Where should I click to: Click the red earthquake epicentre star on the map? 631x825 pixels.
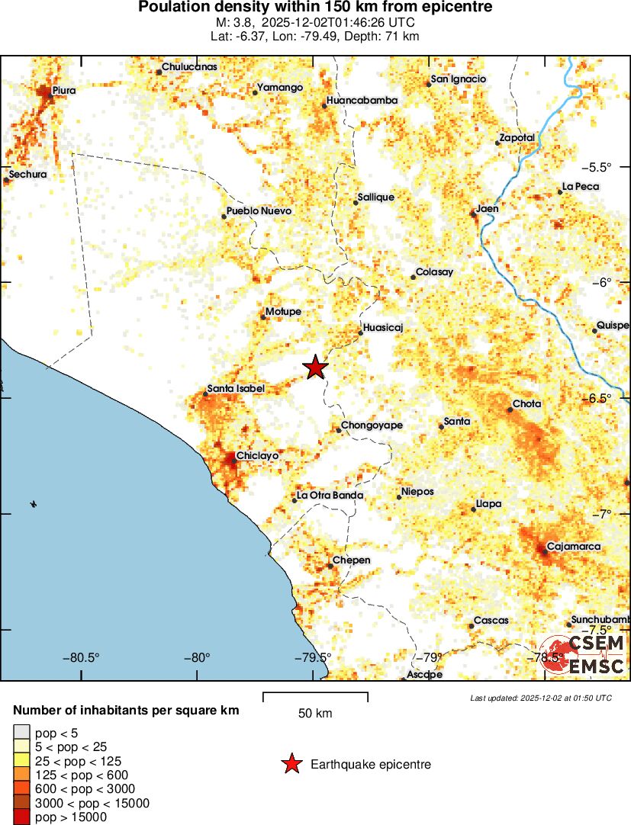coord(316,368)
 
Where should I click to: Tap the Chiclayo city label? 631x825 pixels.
coord(257,455)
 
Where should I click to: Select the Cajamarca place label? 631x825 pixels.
coord(574,546)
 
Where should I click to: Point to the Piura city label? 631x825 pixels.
coord(63,91)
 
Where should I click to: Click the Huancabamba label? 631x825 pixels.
coord(362,100)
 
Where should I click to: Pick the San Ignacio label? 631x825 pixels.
coord(459,79)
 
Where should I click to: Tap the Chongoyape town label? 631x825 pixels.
coord(372,425)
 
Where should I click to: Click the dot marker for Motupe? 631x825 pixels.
coord(263,316)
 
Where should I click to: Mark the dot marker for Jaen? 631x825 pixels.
coord(474,213)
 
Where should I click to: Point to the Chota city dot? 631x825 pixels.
coord(510,409)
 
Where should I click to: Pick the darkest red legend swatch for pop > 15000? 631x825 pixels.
coord(22,817)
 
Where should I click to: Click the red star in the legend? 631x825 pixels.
coord(291,764)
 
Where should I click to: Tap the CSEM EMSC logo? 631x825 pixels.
coord(584,654)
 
